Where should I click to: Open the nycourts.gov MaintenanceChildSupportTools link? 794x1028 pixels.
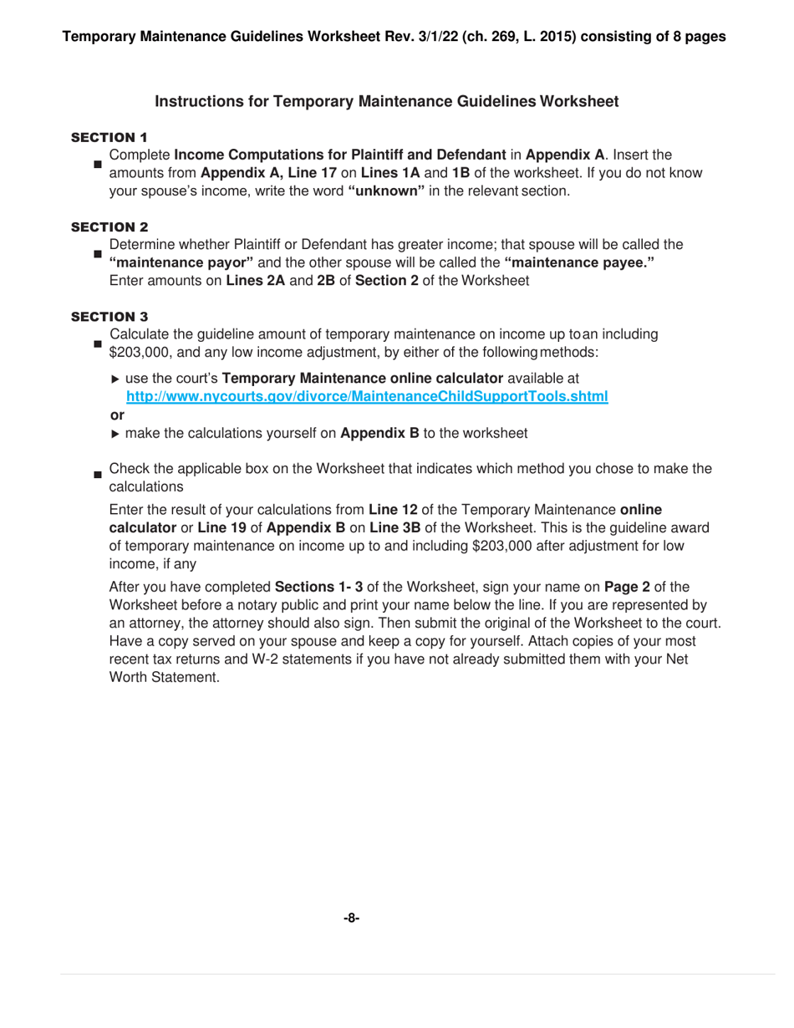coord(366,397)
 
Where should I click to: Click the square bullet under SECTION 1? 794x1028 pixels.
coord(97,165)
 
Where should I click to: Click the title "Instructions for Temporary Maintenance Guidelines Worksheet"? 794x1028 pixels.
coord(387,102)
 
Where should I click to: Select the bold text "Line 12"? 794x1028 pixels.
coord(392,509)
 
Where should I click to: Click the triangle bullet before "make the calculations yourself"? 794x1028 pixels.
coord(115,434)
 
